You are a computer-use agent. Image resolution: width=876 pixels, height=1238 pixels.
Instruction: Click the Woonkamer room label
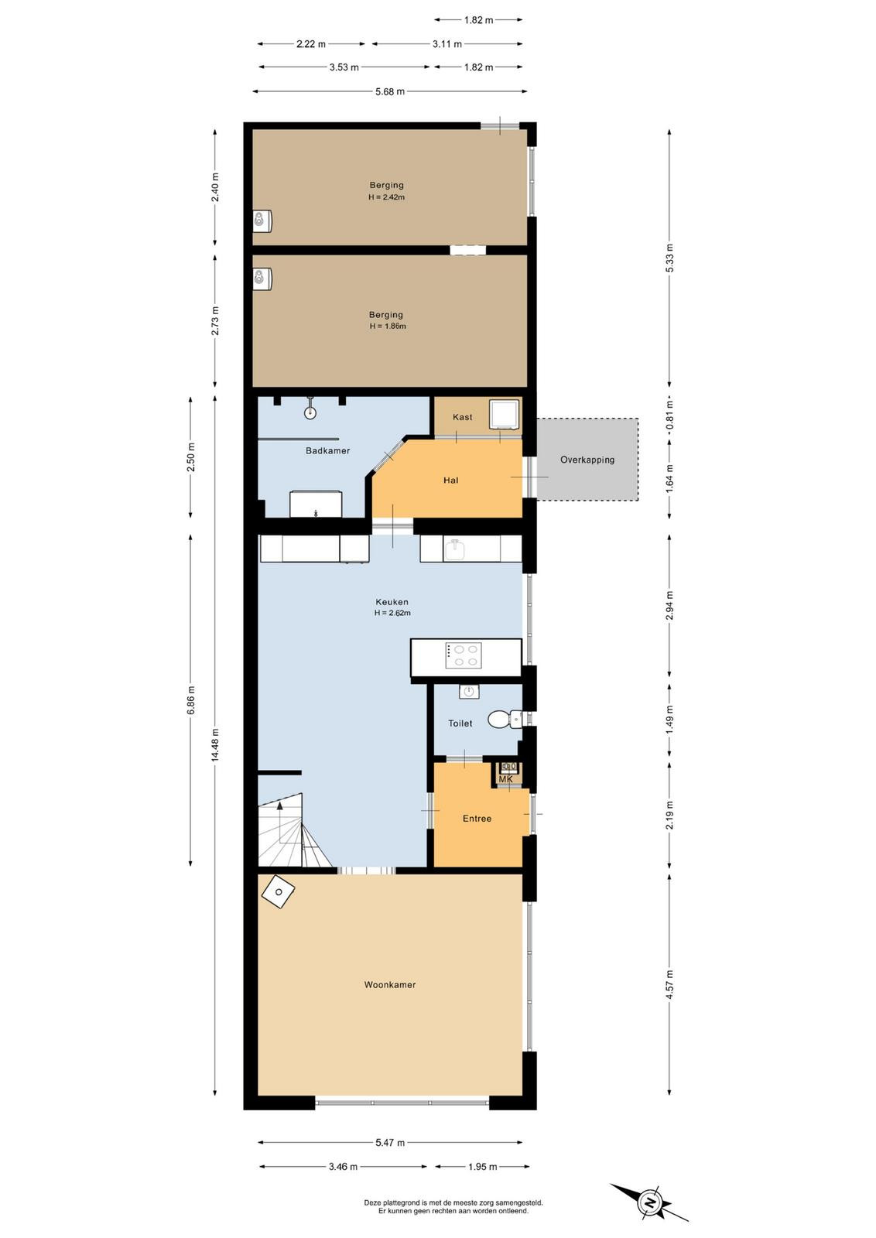tap(390, 984)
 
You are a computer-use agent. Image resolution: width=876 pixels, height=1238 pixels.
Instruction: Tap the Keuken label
tap(392, 602)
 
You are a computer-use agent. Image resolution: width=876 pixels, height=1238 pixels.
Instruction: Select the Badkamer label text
tap(328, 450)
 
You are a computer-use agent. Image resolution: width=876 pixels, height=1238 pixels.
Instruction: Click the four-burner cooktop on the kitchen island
tap(463, 656)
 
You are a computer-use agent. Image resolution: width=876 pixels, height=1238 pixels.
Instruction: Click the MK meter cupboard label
tap(505, 778)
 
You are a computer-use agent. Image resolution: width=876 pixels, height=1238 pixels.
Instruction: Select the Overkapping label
tap(587, 460)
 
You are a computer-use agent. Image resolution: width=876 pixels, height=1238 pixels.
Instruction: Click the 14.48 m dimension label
tap(215, 744)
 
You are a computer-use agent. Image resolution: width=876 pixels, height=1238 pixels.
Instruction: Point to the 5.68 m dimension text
tap(390, 92)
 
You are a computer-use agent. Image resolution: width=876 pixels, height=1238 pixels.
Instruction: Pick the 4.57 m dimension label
tap(669, 983)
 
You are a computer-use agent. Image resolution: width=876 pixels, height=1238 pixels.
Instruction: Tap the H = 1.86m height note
tap(388, 326)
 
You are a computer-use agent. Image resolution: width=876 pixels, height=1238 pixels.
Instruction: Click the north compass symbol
tap(650, 1200)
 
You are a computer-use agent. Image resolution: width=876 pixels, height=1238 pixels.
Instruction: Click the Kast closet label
tap(463, 417)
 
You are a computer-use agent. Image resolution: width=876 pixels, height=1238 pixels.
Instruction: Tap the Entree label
tap(477, 819)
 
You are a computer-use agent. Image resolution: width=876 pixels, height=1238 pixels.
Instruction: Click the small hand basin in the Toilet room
tap(469, 692)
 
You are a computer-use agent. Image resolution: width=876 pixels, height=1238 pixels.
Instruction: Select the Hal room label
tap(451, 480)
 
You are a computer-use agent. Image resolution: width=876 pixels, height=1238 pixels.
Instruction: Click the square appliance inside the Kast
tap(505, 415)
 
